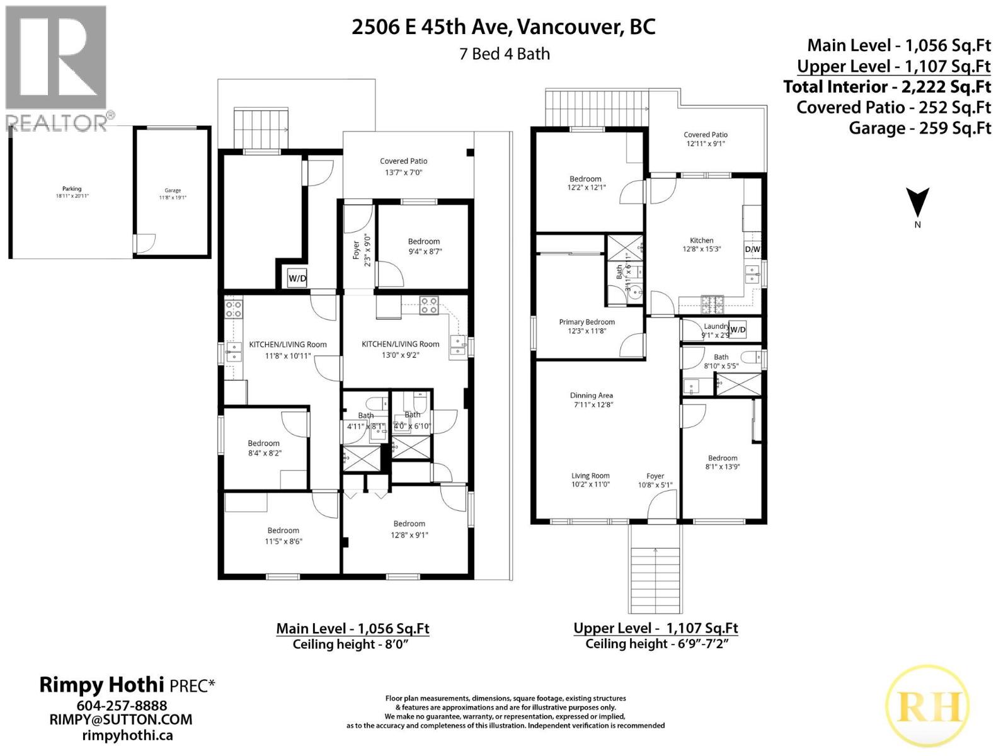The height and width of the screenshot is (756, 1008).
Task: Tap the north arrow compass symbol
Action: click(x=917, y=202)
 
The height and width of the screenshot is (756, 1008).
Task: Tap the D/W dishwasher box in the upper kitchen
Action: click(x=753, y=249)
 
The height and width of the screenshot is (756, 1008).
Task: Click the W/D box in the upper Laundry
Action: click(x=738, y=329)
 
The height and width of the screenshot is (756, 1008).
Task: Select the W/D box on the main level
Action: click(x=297, y=278)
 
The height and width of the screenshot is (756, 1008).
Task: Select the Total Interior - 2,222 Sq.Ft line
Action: click(x=886, y=87)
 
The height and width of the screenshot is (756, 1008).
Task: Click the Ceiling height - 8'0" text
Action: click(x=352, y=644)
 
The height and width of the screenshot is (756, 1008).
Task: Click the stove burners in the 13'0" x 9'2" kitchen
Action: click(x=430, y=306)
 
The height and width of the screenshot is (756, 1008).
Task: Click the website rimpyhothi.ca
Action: click(x=128, y=735)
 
